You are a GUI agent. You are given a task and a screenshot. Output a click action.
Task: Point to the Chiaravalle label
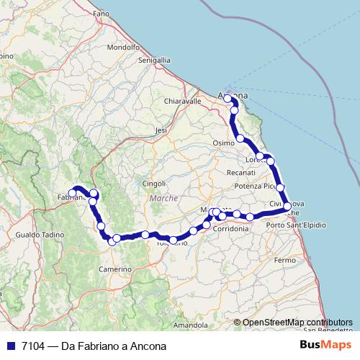[x=182, y=102]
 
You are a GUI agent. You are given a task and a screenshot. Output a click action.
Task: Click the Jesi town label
[x=161, y=130]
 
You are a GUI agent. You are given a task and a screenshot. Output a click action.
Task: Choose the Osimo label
[x=223, y=143]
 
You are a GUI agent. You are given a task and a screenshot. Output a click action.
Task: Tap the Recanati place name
[x=220, y=173]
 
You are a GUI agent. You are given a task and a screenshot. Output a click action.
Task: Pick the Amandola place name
[x=190, y=325]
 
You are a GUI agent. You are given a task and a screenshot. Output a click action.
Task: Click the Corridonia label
[x=230, y=228]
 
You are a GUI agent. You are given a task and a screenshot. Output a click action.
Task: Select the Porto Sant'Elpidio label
[x=295, y=225]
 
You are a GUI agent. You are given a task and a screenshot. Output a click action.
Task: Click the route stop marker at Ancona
[x=228, y=98]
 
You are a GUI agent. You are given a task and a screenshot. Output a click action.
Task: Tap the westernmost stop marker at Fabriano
[x=72, y=193]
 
